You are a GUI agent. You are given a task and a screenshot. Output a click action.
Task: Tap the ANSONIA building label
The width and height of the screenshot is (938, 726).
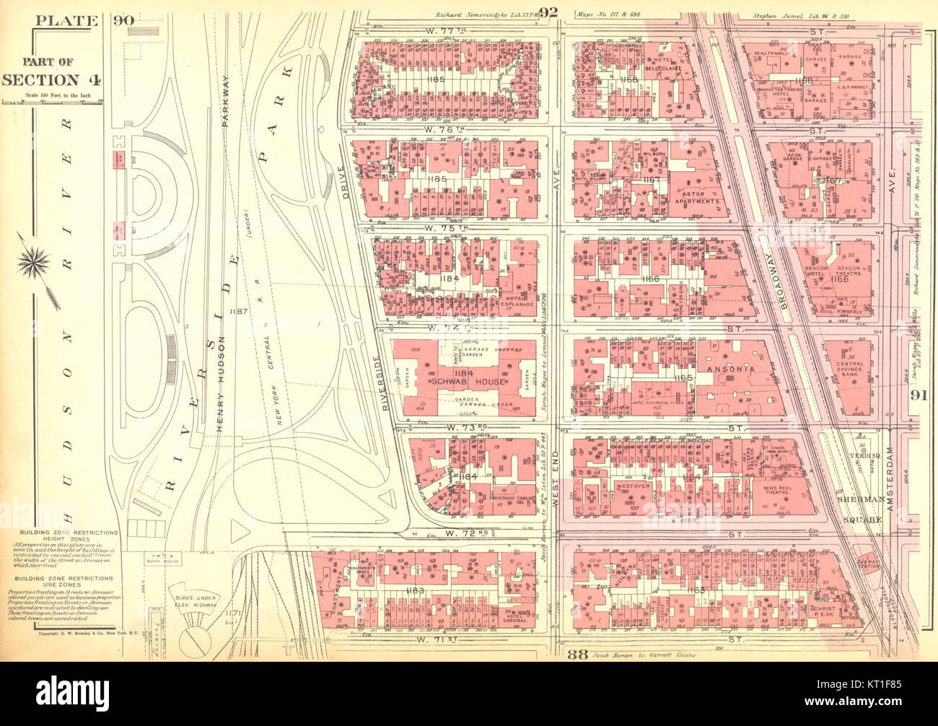click(x=735, y=369)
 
